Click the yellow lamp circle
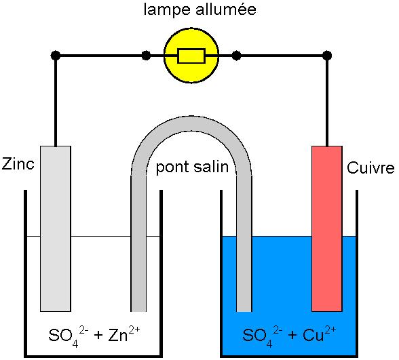click(x=191, y=56)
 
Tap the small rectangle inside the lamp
click(x=191, y=56)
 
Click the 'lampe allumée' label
click(x=199, y=9)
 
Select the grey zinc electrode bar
click(x=56, y=228)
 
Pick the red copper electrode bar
click(x=327, y=228)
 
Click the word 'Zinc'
click(x=18, y=164)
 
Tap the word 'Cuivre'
click(x=370, y=168)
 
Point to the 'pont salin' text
click(x=192, y=167)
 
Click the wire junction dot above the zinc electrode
click(x=56, y=56)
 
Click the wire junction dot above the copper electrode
click(x=327, y=56)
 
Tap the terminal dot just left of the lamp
click(x=146, y=56)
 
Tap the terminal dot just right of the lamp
click(x=236, y=56)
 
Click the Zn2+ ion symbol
click(x=124, y=334)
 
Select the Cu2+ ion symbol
click(x=320, y=334)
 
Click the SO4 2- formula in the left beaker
click(x=68, y=336)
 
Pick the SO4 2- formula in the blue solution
click(x=262, y=336)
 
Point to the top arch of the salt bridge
click(x=191, y=124)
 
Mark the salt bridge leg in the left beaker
click(x=138, y=243)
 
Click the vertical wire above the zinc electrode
click(x=56, y=101)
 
